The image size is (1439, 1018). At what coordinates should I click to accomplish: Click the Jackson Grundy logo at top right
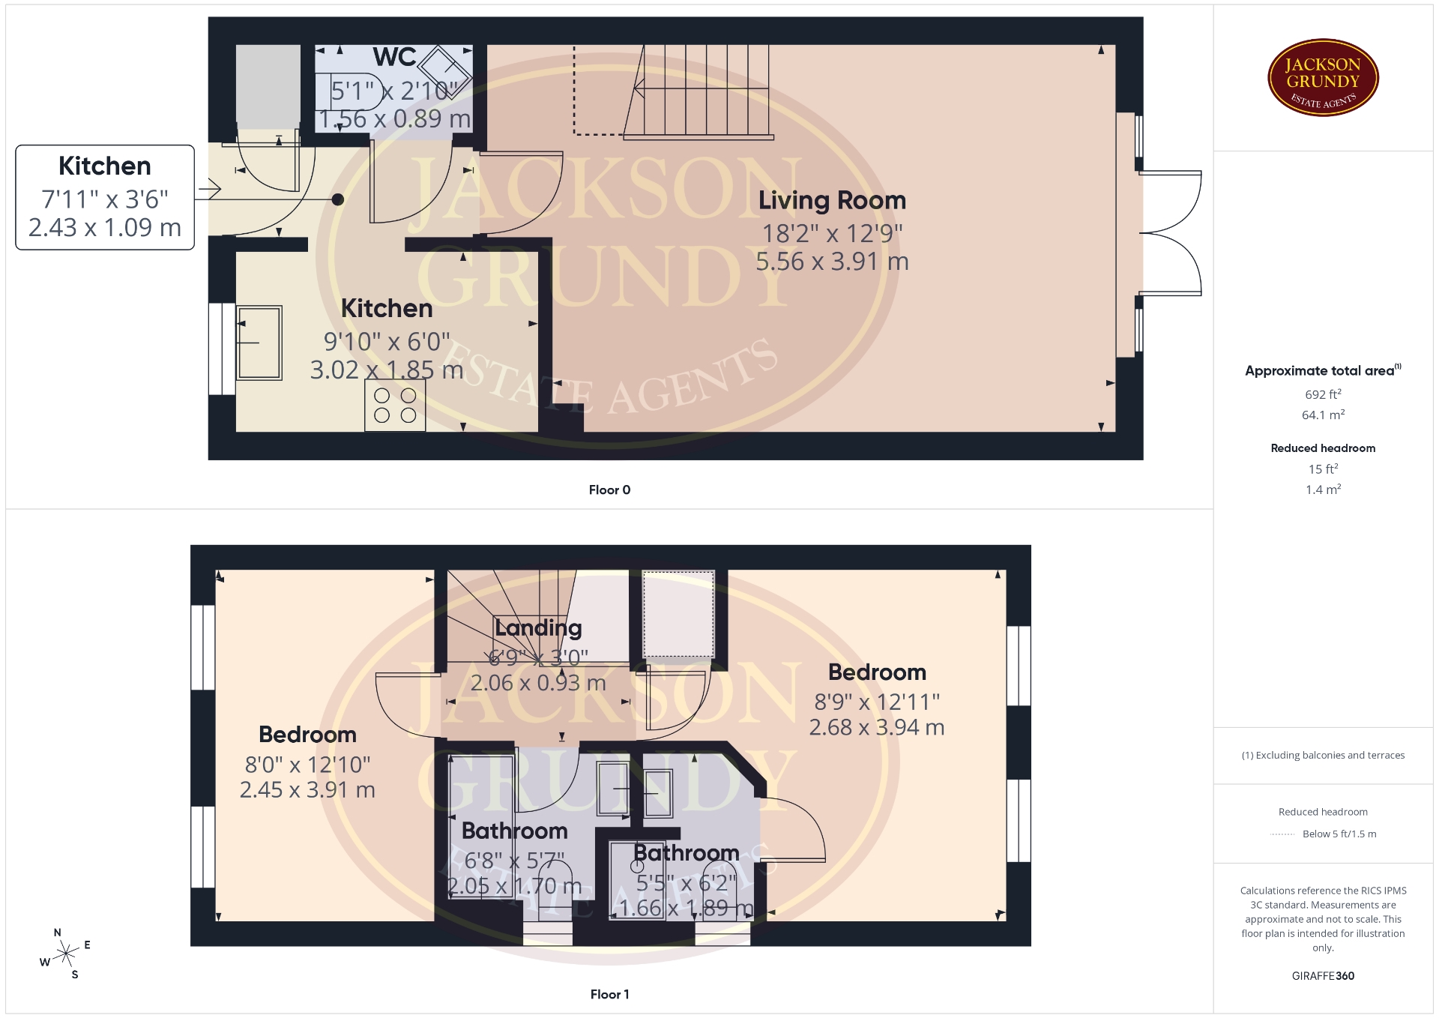click(x=1323, y=78)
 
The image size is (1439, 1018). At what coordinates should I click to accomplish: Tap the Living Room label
click(x=832, y=200)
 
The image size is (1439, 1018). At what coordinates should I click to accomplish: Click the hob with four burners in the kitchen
click(x=395, y=406)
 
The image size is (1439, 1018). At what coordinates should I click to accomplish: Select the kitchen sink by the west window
click(x=259, y=343)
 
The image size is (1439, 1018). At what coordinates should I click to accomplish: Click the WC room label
click(x=394, y=57)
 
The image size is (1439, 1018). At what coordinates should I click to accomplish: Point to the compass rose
click(x=67, y=954)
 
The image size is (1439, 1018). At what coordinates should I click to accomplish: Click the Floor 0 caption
click(x=609, y=490)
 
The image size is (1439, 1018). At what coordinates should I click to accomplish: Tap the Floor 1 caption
click(x=609, y=994)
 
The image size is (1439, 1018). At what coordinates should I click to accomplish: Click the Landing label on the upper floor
click(x=538, y=628)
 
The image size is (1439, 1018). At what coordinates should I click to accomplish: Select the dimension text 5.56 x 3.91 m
click(x=832, y=262)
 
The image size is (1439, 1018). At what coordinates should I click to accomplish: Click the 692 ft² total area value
click(x=1323, y=394)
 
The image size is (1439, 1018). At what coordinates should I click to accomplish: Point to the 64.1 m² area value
click(x=1323, y=415)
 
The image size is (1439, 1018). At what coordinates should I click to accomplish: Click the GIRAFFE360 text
click(x=1323, y=976)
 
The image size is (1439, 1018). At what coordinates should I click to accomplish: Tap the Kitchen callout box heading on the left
click(x=105, y=166)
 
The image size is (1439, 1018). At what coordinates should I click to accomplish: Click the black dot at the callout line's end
click(x=338, y=199)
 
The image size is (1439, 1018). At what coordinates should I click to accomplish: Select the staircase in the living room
click(x=697, y=92)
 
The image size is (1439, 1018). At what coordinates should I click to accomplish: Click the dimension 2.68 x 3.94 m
click(x=877, y=727)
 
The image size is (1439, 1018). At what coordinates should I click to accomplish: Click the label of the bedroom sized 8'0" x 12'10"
click(x=307, y=735)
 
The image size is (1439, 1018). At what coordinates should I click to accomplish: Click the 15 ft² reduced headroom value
click(x=1323, y=469)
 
